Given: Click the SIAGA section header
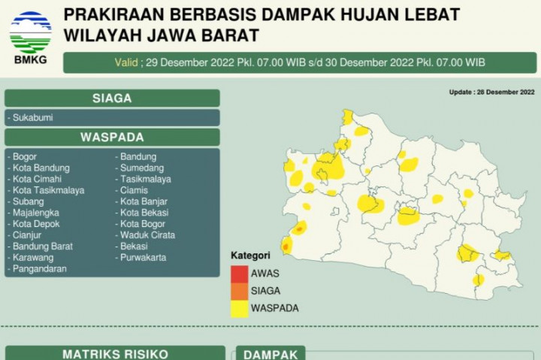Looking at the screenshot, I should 112,98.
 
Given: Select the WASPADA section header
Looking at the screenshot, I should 112,137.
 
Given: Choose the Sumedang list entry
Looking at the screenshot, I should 142,168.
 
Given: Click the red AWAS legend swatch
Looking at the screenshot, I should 240,274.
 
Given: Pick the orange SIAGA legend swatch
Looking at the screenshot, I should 240,291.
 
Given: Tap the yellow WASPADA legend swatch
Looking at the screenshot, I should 240,308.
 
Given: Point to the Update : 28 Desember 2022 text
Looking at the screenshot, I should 491,92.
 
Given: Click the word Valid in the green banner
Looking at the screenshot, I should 125,62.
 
